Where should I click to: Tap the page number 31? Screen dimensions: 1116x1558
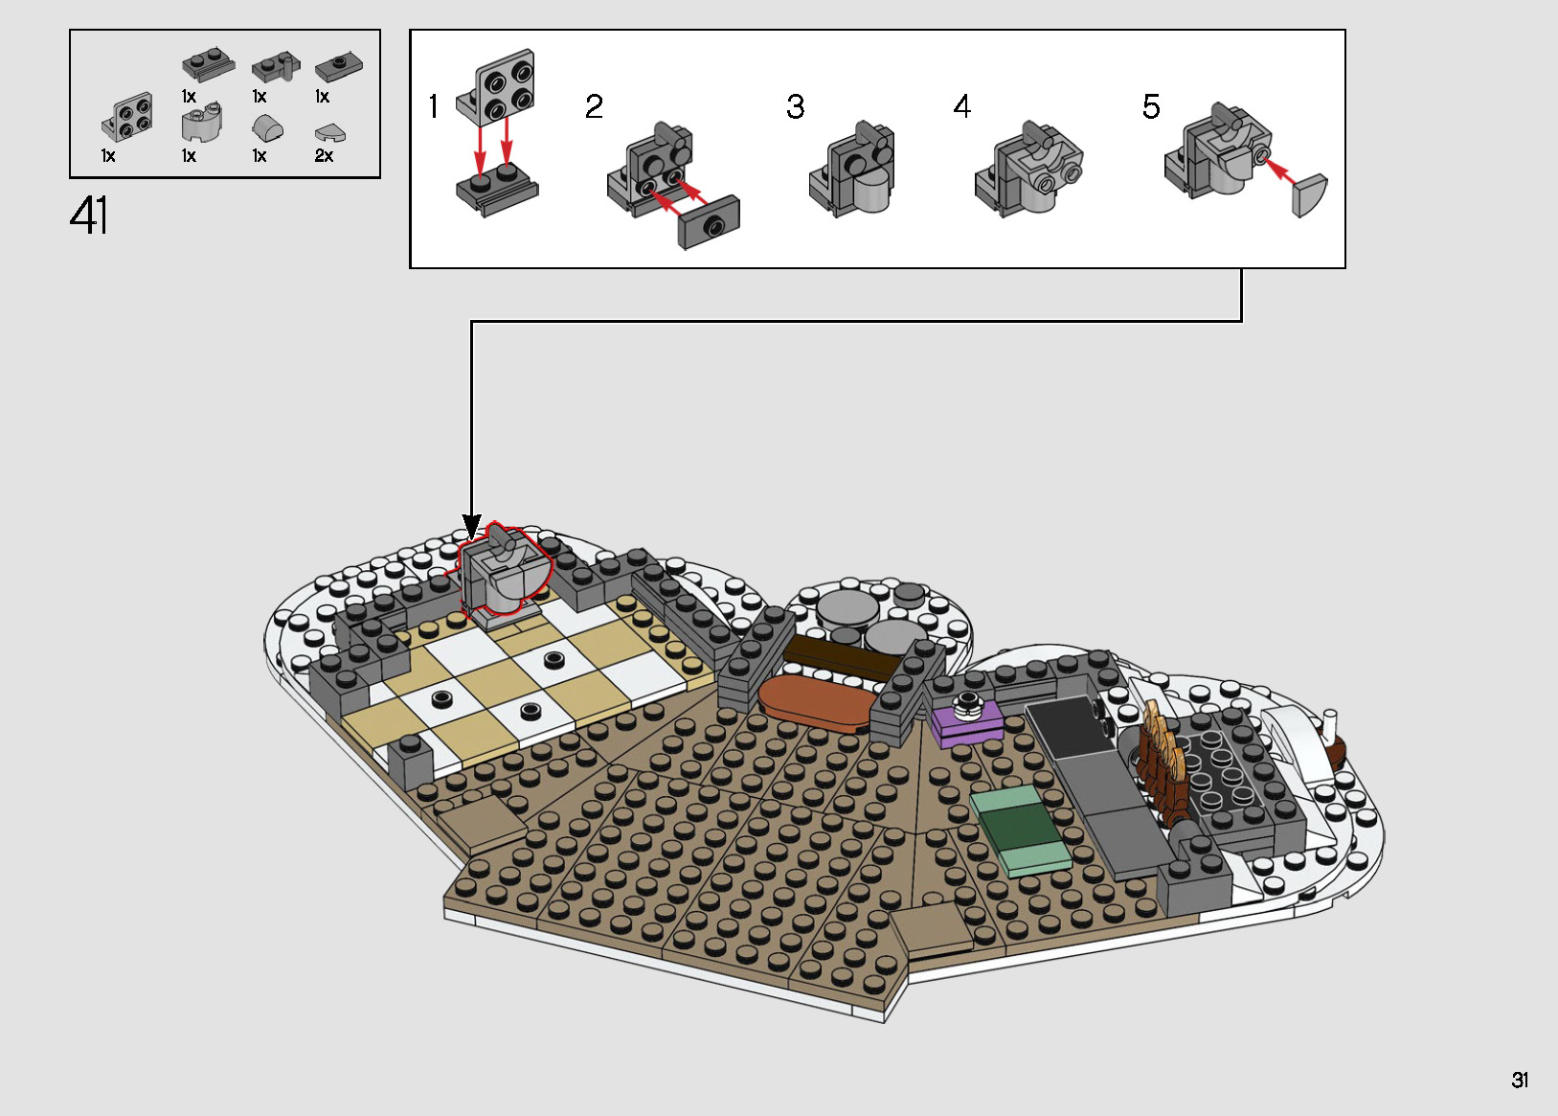click(x=1520, y=1080)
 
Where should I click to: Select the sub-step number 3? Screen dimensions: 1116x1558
click(x=795, y=106)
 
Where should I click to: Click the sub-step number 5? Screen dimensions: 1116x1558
click(x=1151, y=106)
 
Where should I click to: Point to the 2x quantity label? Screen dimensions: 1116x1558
click(x=324, y=155)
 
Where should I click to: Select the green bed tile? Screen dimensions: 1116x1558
click(x=1021, y=829)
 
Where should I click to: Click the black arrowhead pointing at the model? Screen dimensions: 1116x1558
click(x=471, y=527)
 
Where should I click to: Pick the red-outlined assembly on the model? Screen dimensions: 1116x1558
click(x=503, y=573)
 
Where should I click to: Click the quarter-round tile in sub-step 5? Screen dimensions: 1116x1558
click(x=1310, y=195)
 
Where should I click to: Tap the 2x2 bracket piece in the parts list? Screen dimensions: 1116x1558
click(x=128, y=118)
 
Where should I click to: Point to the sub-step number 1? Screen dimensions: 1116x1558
click(x=434, y=106)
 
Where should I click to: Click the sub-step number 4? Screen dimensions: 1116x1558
click(x=961, y=106)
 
